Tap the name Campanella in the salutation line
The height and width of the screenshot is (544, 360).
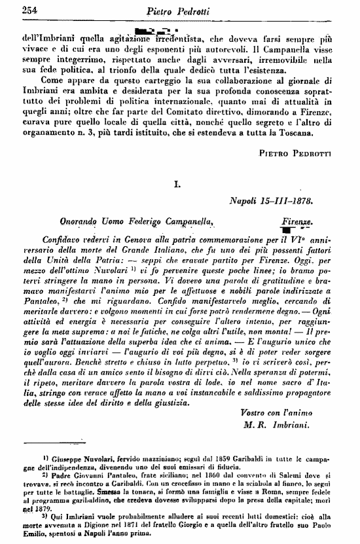coord(183,223)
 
